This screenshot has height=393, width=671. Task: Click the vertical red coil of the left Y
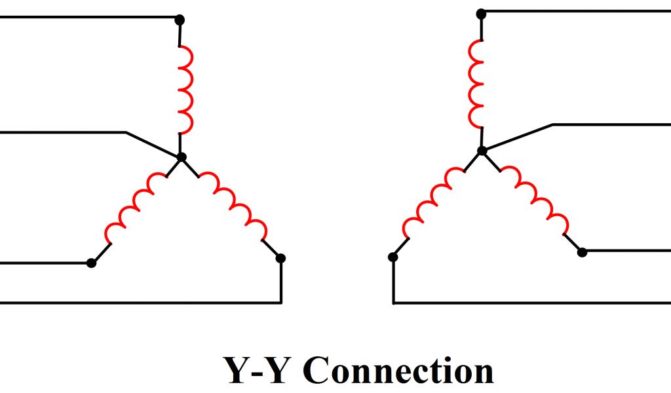[186, 89]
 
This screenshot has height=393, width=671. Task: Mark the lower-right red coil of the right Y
[535, 199]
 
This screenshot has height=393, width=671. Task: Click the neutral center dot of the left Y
[182, 157]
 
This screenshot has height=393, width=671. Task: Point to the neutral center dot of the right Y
[482, 151]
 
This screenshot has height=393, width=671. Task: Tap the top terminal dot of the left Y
[180, 20]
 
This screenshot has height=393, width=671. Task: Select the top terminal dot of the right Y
[480, 13]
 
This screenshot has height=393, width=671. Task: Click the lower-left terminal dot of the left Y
[91, 263]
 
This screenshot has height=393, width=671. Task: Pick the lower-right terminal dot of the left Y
[280, 258]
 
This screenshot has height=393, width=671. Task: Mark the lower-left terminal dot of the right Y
[393, 257]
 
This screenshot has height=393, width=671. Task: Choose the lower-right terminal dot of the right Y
[582, 251]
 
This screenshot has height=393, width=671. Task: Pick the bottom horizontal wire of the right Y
[531, 303]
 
